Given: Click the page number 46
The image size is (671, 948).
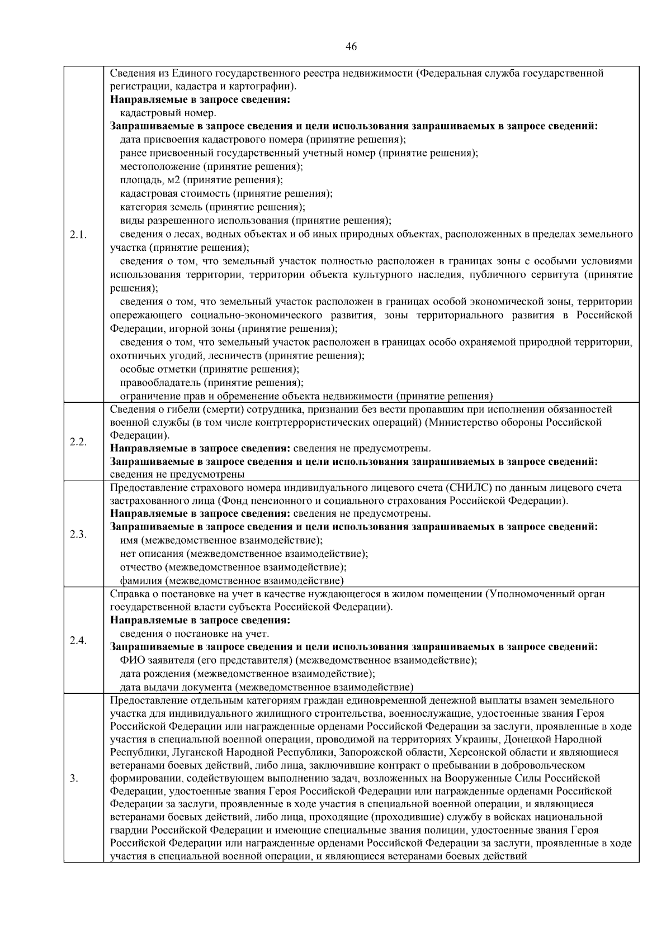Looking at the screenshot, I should point(351,47).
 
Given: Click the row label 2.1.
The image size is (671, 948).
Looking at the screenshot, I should point(78,234).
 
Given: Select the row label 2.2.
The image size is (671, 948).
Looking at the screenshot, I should point(78,442).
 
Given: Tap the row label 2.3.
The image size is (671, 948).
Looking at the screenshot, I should point(78,534).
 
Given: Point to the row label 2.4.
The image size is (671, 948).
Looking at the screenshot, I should point(78,640).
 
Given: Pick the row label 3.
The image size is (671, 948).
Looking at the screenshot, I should point(74,778).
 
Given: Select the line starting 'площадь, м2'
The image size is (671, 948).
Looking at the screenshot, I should point(202,180).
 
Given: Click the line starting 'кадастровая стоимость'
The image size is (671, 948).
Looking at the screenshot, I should point(226,193).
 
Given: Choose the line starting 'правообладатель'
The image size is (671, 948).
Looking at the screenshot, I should point(212,383).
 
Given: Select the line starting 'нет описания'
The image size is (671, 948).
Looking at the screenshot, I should point(244,554).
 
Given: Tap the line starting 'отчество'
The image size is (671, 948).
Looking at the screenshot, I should point(233,568).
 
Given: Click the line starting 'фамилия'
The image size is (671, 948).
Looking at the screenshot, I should point(232,581).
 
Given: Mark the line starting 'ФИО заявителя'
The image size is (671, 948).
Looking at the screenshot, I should point(299,660).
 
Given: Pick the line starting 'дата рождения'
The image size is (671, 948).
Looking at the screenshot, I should point(248,674).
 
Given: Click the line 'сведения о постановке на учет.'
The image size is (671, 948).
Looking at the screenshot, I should point(195,633).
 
